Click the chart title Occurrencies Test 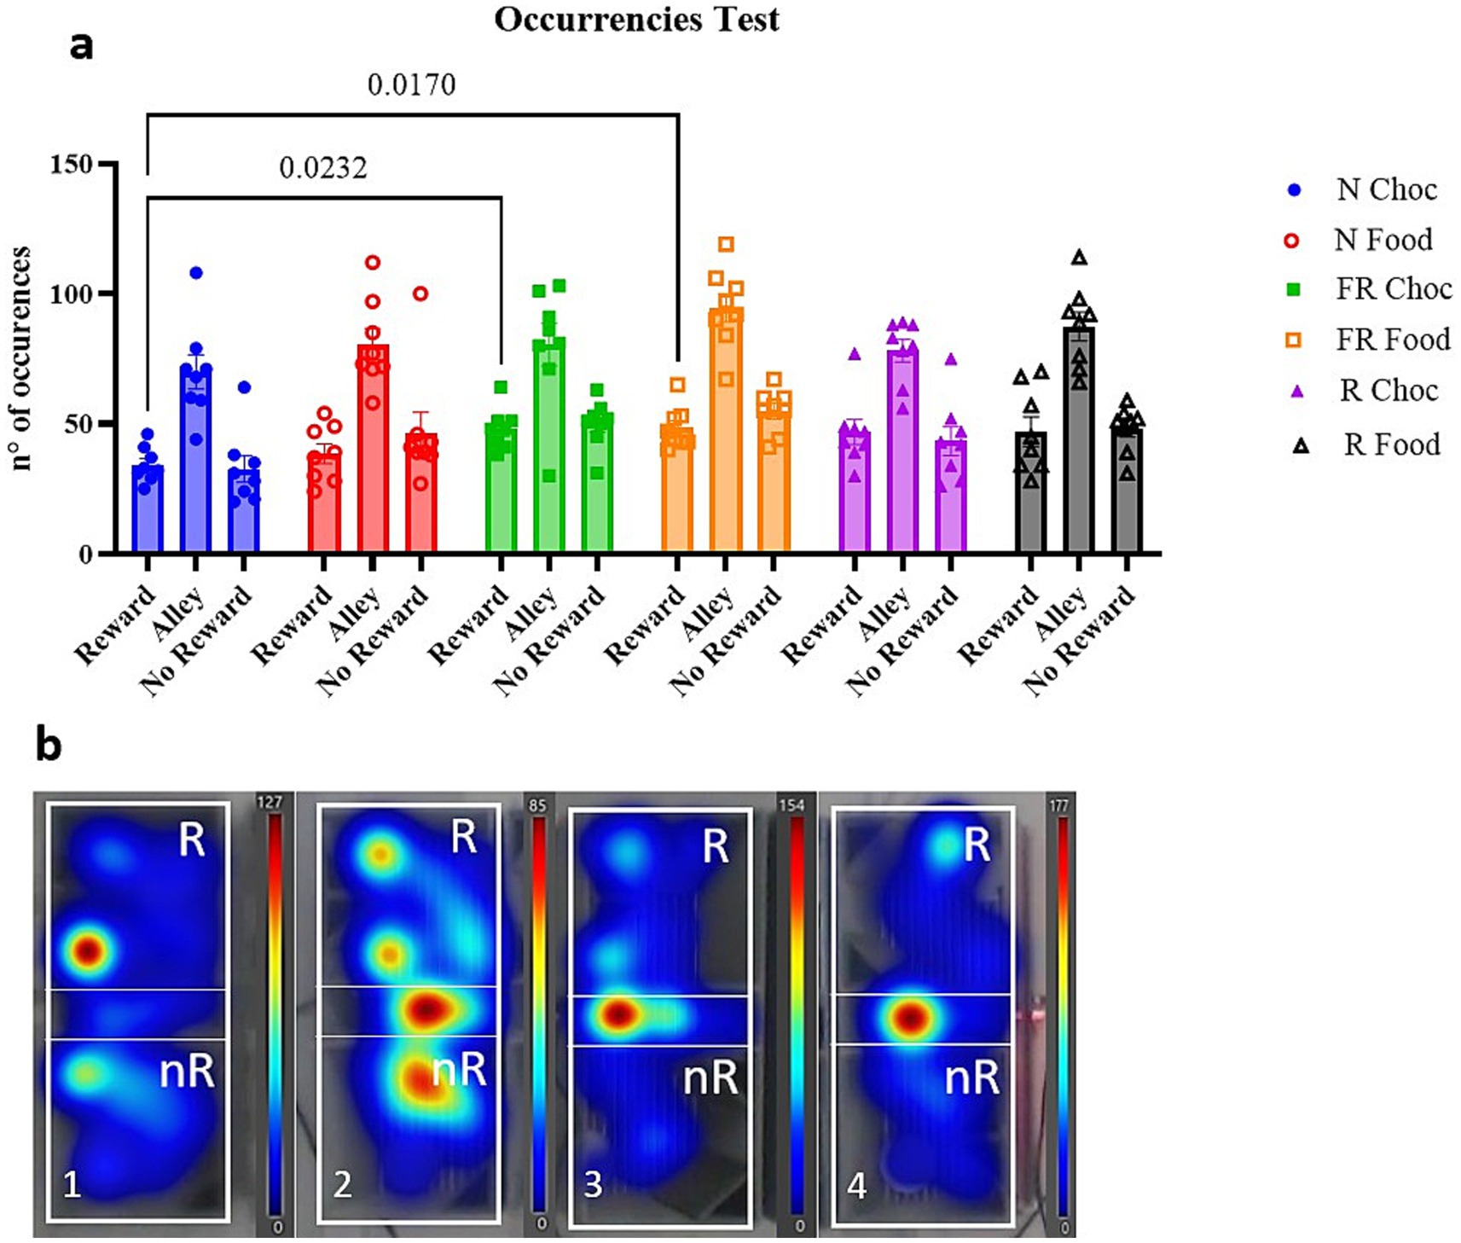[x=636, y=19]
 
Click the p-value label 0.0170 [x=411, y=84]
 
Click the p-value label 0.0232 [x=323, y=167]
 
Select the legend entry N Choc [x=1386, y=189]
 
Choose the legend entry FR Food [x=1392, y=340]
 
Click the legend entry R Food [x=1391, y=444]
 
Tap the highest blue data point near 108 [x=196, y=273]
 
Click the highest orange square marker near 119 [x=726, y=245]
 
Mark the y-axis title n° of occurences [x=21, y=358]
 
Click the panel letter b [x=49, y=744]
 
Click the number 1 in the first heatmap [x=72, y=1184]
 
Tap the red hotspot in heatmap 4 [x=911, y=1017]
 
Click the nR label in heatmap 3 [x=710, y=1078]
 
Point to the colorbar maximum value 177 [x=1059, y=805]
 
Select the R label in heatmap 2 [x=464, y=837]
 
